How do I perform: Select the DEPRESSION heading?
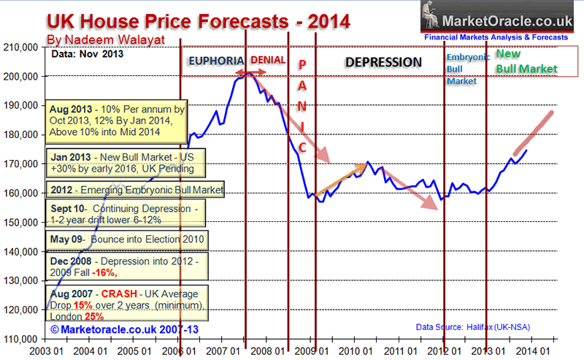(x=383, y=63)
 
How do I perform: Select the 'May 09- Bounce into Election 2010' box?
(x=126, y=239)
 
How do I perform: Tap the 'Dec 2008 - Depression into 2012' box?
(x=126, y=264)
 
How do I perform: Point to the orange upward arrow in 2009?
(x=339, y=178)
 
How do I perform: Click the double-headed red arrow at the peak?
(x=248, y=73)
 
